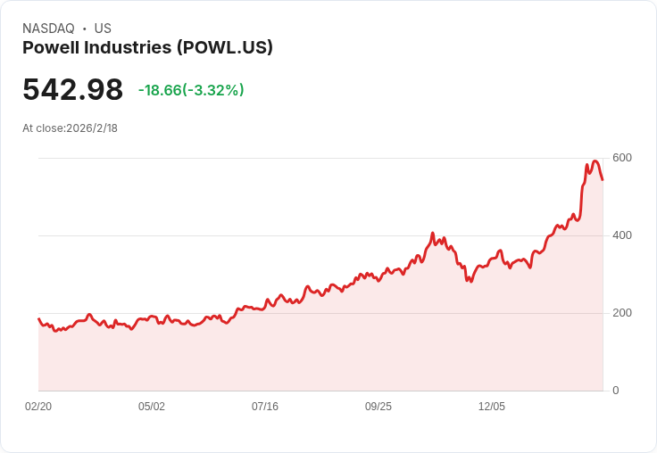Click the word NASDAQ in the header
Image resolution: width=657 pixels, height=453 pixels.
48,29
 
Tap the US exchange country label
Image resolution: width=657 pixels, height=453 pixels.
103,29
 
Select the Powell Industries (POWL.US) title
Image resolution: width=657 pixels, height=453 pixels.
147,48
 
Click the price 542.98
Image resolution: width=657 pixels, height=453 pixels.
72,90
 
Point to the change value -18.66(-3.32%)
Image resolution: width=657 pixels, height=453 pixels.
191,90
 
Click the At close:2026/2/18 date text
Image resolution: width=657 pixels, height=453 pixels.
70,128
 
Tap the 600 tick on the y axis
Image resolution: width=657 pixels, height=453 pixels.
622,158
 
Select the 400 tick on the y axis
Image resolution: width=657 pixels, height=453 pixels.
622,235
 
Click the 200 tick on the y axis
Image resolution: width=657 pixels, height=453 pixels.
622,313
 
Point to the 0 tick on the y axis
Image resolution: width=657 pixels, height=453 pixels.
616,391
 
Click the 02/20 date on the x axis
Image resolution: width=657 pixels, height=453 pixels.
38,407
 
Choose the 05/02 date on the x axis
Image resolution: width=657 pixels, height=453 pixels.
152,407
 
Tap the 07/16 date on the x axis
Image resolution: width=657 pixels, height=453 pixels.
265,407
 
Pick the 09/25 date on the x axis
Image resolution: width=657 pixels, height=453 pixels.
378,407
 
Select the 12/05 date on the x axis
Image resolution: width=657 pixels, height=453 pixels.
492,407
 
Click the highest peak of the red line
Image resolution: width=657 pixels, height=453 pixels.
595,161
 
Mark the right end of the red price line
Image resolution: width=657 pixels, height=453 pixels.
603,179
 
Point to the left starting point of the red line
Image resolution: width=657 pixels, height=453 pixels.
38,318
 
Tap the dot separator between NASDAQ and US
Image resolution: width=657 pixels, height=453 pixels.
84,29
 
